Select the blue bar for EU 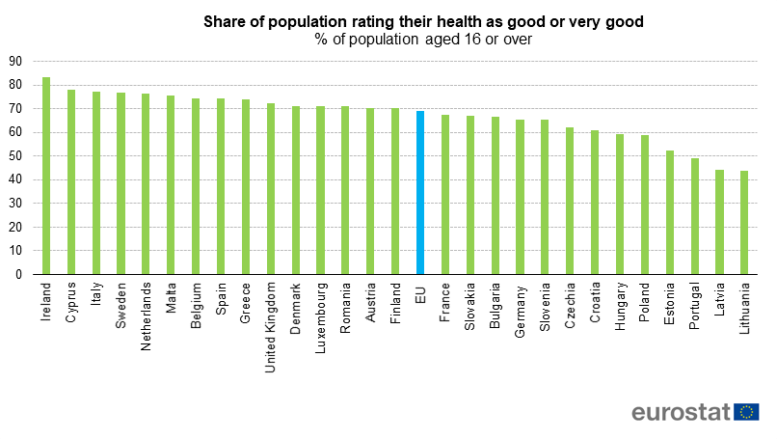(420, 193)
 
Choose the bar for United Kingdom (271, 189)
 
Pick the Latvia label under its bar (719, 300)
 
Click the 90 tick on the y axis (14, 61)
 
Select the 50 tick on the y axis (14, 156)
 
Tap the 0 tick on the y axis (18, 275)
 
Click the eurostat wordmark (681, 413)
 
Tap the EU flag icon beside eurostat (746, 412)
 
